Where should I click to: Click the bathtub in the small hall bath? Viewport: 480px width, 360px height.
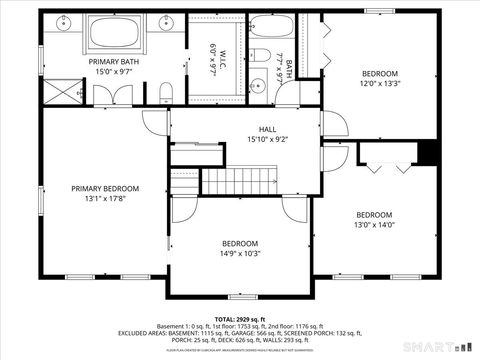[271, 29]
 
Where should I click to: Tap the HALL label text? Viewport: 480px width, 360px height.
[268, 129]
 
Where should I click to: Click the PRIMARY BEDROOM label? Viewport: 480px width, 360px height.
[105, 188]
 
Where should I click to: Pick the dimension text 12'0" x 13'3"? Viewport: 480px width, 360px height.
[379, 84]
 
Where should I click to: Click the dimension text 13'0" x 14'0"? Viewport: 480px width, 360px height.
[375, 225]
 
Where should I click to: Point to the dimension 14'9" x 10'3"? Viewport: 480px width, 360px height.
[241, 253]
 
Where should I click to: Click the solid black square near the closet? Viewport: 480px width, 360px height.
[429, 151]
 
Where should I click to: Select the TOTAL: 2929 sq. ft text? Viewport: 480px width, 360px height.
[240, 317]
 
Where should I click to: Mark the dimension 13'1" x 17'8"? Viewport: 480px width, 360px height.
[105, 198]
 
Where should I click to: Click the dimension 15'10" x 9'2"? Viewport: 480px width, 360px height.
[268, 139]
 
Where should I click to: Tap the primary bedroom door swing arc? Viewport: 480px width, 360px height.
[154, 121]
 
